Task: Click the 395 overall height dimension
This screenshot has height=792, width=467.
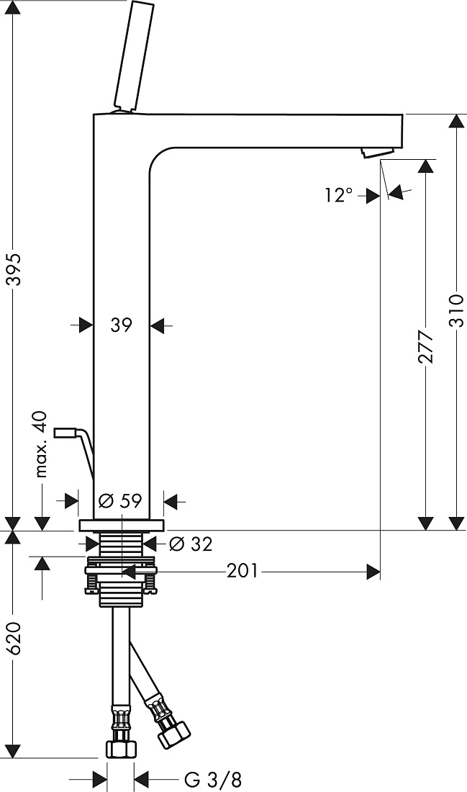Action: pos(15,269)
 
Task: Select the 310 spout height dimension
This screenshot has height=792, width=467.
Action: pos(456,310)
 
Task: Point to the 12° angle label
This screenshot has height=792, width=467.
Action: pos(339,194)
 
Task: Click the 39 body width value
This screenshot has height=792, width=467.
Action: pos(121,325)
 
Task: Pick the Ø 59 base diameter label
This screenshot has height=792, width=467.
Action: pos(120,500)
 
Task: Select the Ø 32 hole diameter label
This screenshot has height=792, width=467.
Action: pos(191,544)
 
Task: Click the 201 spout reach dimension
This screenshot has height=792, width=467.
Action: pos(242,571)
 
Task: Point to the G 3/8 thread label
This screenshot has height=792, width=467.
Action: pos(212,780)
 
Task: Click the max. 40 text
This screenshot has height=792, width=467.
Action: pos(42,444)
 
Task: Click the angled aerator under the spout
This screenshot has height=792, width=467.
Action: pos(378,152)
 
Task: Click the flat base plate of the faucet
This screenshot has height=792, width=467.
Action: pos(122,525)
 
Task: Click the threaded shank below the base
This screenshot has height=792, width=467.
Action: pos(122,544)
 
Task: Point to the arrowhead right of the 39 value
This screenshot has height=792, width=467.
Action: pos(158,325)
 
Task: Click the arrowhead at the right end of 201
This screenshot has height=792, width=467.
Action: pos(373,572)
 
